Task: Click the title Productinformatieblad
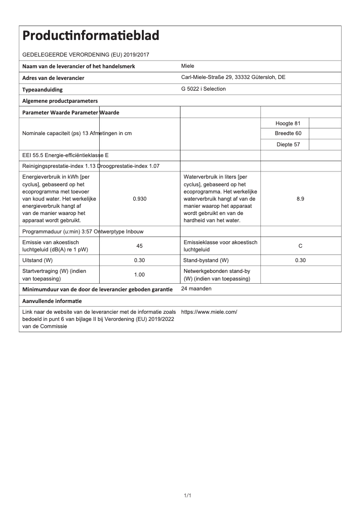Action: click(x=91, y=35)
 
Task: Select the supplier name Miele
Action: click(x=188, y=66)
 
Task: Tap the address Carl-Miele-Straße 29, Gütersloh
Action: click(x=233, y=77)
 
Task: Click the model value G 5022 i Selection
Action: click(x=203, y=89)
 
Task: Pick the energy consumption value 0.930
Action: click(x=140, y=199)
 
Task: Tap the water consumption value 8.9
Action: click(x=300, y=199)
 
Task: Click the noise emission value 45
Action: click(x=140, y=246)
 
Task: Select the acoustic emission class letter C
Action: click(x=300, y=246)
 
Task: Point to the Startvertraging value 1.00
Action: click(x=140, y=275)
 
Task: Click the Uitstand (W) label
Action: click(x=38, y=260)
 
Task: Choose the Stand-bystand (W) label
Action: click(x=206, y=260)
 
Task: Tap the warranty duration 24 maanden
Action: click(x=196, y=289)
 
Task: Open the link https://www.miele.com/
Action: click(x=209, y=312)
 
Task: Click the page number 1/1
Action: click(x=188, y=496)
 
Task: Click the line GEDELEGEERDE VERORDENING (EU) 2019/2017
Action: click(x=86, y=55)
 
